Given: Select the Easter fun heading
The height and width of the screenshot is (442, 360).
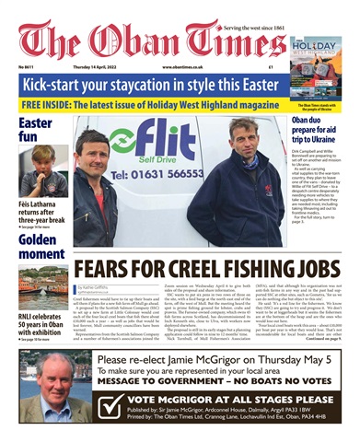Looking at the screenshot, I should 35,129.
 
